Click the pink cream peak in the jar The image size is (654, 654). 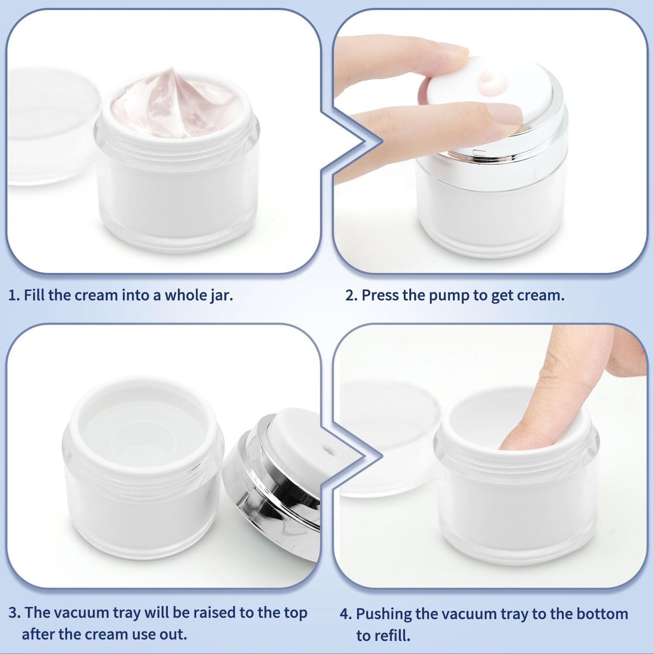click(171, 79)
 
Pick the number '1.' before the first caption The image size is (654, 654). click(14, 296)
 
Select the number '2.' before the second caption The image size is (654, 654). click(351, 296)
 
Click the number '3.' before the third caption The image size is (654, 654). click(14, 613)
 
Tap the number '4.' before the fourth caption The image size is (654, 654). click(346, 614)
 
